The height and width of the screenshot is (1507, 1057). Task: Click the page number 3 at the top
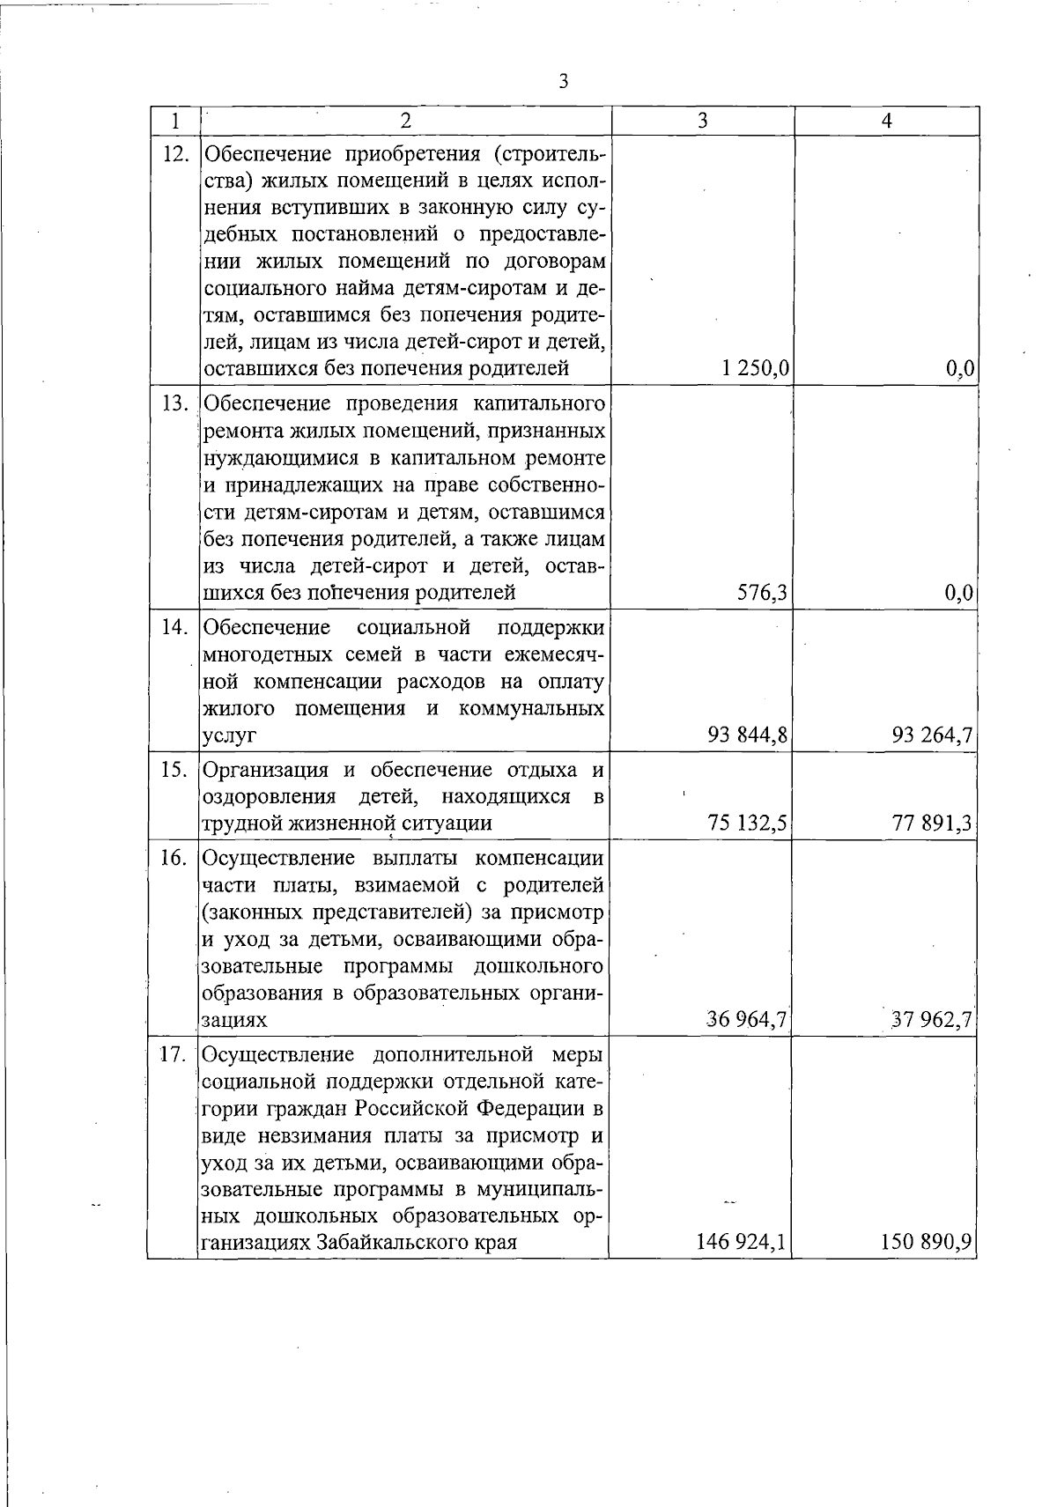[x=564, y=82]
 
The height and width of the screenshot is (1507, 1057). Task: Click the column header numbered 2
[x=404, y=121]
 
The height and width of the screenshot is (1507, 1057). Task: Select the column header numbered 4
[x=887, y=121]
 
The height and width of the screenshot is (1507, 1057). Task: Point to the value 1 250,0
[x=754, y=369]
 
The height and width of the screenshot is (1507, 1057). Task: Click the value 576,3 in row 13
[x=762, y=594]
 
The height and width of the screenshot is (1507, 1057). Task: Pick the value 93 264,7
[x=932, y=735]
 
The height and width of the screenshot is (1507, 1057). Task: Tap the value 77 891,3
[x=932, y=824]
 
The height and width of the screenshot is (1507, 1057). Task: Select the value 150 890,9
[x=927, y=1243]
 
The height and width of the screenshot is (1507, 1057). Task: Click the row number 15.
[x=175, y=769]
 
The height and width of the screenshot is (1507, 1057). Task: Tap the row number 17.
[x=175, y=1054]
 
